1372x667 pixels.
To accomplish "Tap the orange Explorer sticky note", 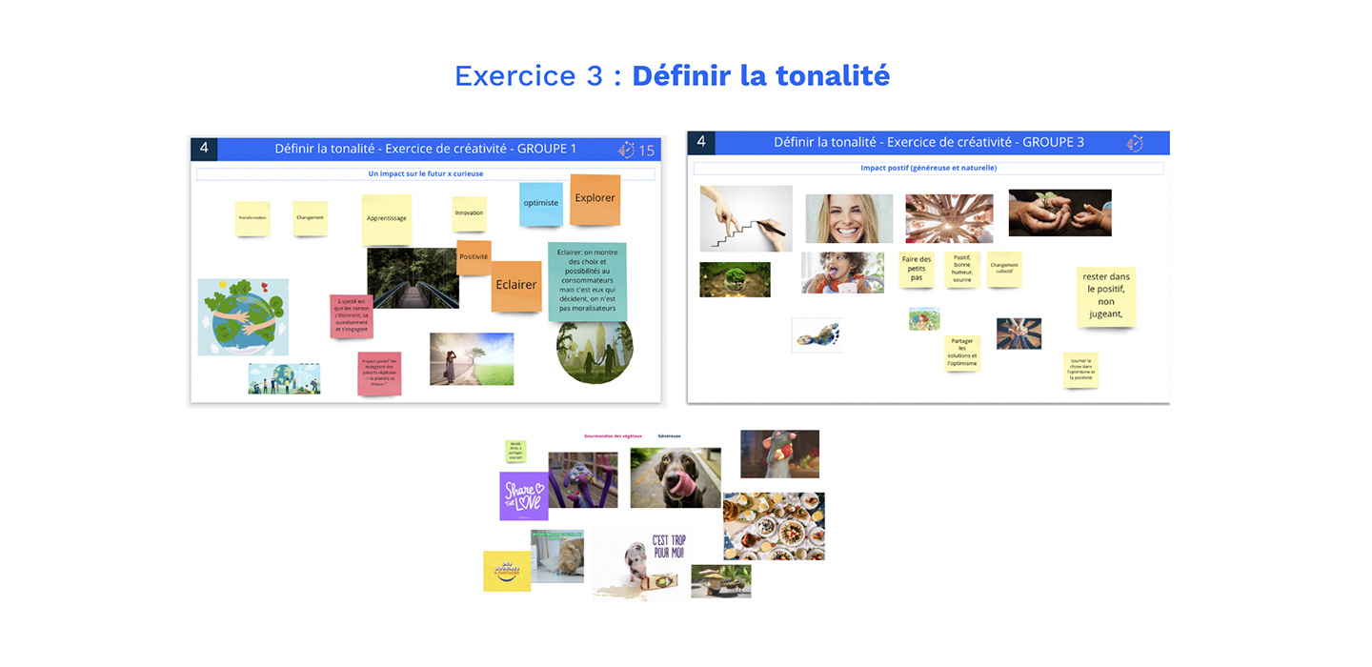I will [x=595, y=199].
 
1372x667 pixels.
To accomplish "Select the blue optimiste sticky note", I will [x=541, y=204].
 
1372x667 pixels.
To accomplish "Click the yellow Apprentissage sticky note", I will [x=386, y=219].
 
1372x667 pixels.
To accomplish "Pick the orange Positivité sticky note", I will [x=474, y=257].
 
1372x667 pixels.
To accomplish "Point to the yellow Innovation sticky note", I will [x=469, y=213].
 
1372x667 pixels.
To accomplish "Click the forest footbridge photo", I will [x=413, y=277].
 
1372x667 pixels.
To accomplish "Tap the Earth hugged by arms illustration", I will [x=243, y=316].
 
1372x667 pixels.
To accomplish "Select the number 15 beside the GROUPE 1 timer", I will [x=646, y=151].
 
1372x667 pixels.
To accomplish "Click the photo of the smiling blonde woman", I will [x=849, y=219].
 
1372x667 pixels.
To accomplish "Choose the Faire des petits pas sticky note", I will [x=916, y=269].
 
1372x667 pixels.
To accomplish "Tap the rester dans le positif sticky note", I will [x=1106, y=295].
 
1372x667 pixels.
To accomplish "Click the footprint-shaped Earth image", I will [x=817, y=335].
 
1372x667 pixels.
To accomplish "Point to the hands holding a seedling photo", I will [x=1059, y=212].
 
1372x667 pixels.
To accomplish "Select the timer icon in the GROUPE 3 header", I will [x=1135, y=143].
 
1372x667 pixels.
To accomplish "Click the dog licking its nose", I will [x=676, y=477].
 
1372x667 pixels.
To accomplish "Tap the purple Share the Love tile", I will [x=524, y=495].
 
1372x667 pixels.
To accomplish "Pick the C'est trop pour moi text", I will [x=668, y=546].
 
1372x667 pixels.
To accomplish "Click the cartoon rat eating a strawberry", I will [x=779, y=454].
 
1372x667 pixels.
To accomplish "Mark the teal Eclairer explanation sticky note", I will [x=587, y=281].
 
